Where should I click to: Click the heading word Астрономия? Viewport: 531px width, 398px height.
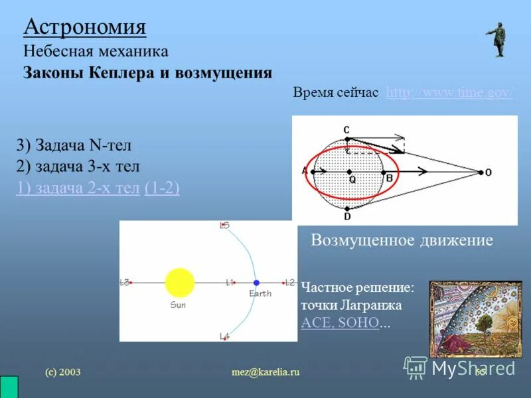85,27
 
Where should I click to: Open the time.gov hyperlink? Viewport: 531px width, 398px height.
449,92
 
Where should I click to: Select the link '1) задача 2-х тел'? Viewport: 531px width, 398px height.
78,188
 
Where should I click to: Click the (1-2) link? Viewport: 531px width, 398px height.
161,188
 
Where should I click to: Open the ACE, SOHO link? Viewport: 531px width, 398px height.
340,323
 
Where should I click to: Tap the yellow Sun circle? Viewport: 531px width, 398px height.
179,283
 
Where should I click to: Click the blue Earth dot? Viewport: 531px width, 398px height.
256,283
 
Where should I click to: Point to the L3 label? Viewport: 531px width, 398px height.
124,283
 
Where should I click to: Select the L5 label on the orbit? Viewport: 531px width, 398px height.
224,226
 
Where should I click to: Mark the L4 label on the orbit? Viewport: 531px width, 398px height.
224,336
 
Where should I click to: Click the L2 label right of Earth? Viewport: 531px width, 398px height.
289,283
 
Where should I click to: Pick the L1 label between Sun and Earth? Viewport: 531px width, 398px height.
230,283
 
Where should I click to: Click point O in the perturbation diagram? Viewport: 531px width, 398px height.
488,172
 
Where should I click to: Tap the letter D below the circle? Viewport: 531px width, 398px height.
347,216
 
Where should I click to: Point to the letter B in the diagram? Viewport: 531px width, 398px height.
390,178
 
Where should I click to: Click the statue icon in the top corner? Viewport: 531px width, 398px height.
497,39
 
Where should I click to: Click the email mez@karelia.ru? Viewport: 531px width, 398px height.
265,372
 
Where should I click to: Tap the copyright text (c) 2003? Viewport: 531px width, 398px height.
62,372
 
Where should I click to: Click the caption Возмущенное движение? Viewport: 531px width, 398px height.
402,240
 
